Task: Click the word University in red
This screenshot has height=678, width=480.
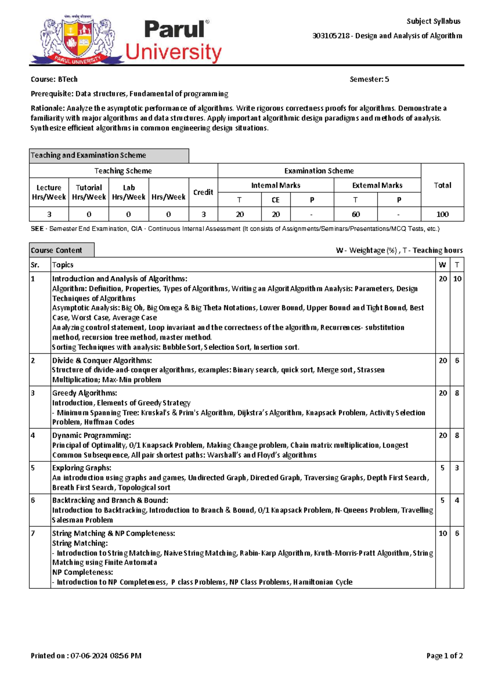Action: tap(173, 52)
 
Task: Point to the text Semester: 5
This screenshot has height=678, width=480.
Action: tap(369, 79)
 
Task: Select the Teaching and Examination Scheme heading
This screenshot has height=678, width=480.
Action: tap(88, 155)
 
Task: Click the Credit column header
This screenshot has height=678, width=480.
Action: tap(203, 192)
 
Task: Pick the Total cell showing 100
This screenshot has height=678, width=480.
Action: tap(442, 214)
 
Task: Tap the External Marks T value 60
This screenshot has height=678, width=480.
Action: tap(355, 214)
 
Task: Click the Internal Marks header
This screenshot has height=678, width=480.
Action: tap(276, 185)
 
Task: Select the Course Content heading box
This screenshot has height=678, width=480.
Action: tap(56, 250)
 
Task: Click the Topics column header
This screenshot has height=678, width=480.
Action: tap(63, 265)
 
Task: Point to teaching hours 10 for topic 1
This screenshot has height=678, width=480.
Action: tap(457, 279)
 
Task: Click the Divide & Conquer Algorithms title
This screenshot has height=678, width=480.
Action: tap(102, 361)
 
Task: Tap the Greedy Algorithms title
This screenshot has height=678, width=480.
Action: tap(84, 393)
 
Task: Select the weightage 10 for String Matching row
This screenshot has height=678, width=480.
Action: tap(442, 533)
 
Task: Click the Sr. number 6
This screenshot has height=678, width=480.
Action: tap(33, 500)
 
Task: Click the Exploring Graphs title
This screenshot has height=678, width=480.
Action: tap(82, 468)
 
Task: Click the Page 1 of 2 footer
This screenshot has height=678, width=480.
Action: tap(444, 656)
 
